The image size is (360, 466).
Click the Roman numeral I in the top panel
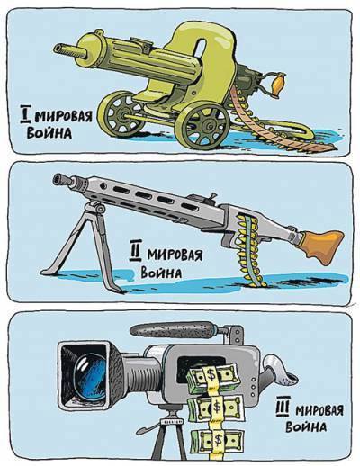25,114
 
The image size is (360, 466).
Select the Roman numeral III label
283,409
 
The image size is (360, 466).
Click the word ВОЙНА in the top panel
49,132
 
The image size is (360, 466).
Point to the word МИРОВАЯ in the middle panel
175,255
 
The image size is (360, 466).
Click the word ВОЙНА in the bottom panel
306,426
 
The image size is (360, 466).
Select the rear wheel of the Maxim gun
121,113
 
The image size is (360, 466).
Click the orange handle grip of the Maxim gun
275,84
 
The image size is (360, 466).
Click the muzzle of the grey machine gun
62,179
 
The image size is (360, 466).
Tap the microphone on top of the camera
172,330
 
